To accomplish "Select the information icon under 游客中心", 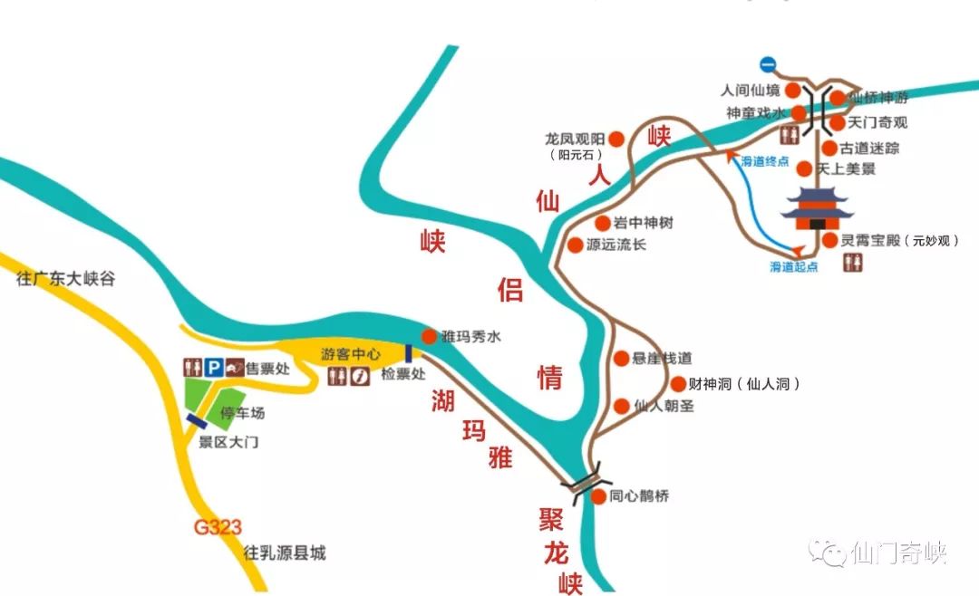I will [361, 377].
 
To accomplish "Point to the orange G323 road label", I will [218, 527].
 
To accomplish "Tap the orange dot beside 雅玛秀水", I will [430, 335].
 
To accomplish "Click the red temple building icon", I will [819, 214].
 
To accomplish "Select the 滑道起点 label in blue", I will [794, 267].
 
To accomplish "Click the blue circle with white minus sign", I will [768, 63].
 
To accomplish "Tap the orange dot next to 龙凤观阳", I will [616, 139].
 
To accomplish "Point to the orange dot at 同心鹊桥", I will [598, 496].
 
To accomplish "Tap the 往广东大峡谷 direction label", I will [66, 279].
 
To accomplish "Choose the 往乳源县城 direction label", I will [285, 553].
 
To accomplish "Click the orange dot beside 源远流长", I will [575, 245].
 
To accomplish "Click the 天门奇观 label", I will [877, 122].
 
